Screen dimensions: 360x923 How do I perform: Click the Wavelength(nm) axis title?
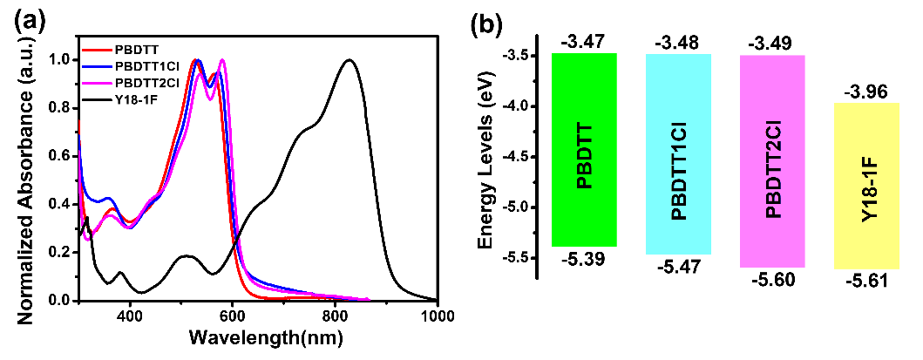(x=260, y=338)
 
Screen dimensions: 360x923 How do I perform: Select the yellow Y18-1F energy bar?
(x=866, y=186)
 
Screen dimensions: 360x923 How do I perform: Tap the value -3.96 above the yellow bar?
(x=865, y=90)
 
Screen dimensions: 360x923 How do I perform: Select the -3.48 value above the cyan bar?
(x=678, y=42)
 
